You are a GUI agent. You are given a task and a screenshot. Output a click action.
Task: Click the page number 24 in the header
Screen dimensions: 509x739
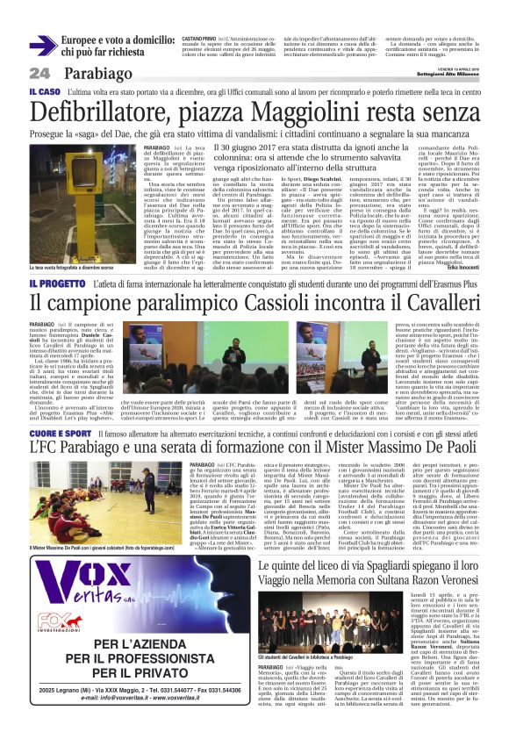(x=40, y=72)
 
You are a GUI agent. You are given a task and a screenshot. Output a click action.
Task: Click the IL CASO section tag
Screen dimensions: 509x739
(x=45, y=91)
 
